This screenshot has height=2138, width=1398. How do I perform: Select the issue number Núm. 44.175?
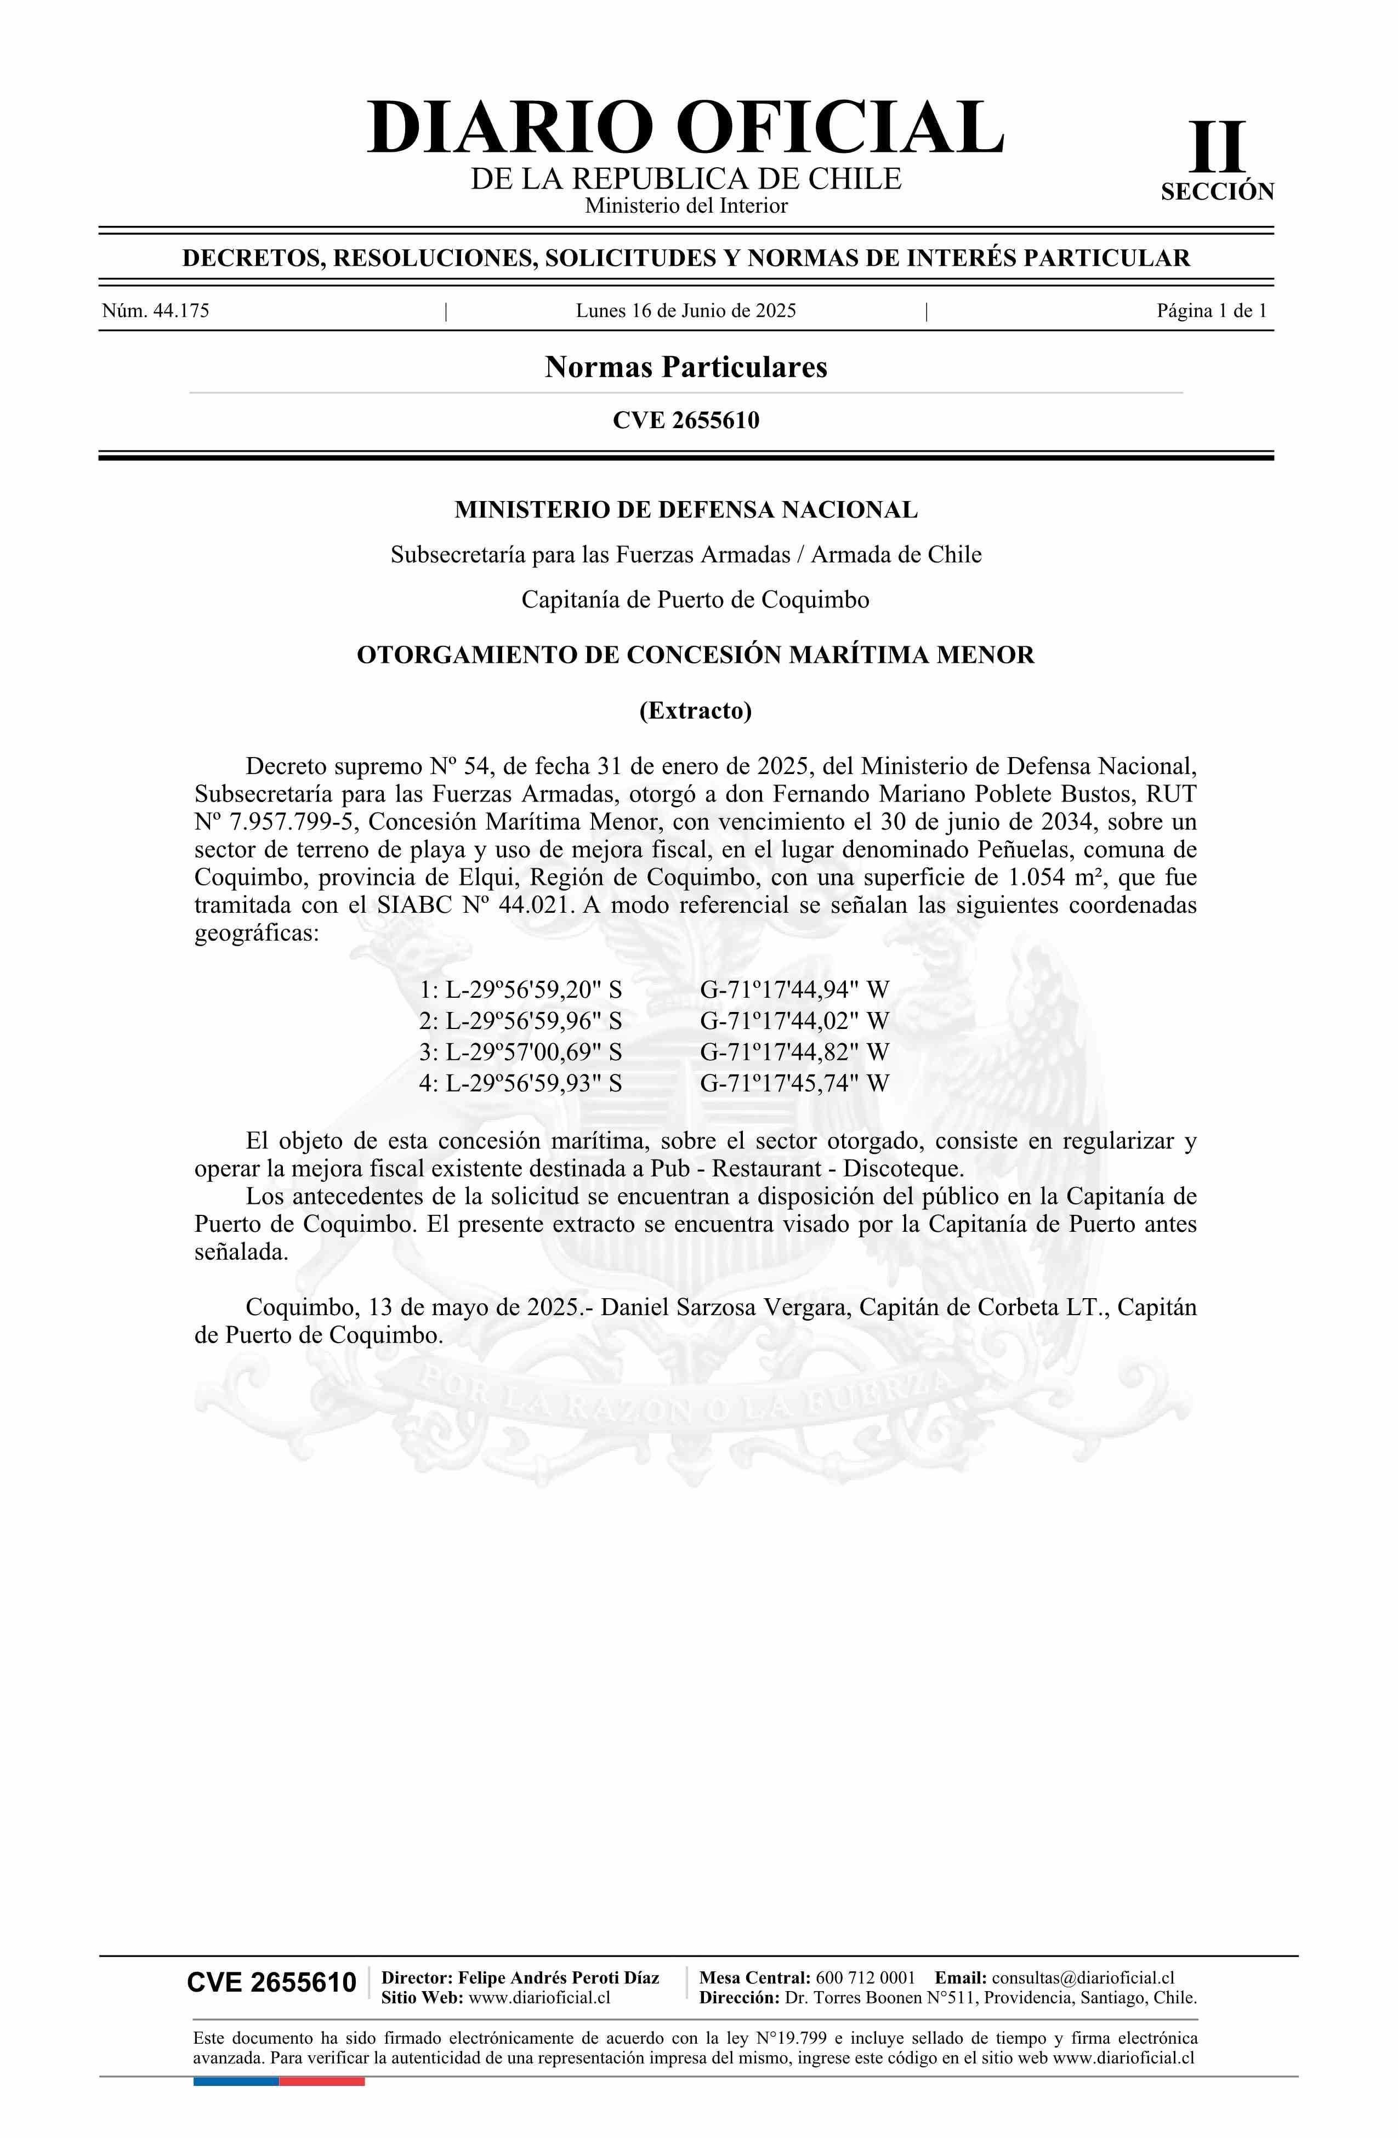click(x=156, y=312)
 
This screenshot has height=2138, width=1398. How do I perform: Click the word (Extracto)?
click(x=695, y=710)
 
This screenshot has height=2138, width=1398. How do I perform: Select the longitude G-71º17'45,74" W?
click(x=794, y=1083)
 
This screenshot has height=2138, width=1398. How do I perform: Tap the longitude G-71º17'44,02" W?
click(x=794, y=1021)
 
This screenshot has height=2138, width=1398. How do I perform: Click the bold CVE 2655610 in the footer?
click(x=271, y=1983)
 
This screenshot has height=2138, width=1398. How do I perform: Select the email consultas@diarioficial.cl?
click(x=1083, y=1977)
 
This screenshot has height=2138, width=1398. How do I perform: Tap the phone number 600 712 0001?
click(x=865, y=1977)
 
